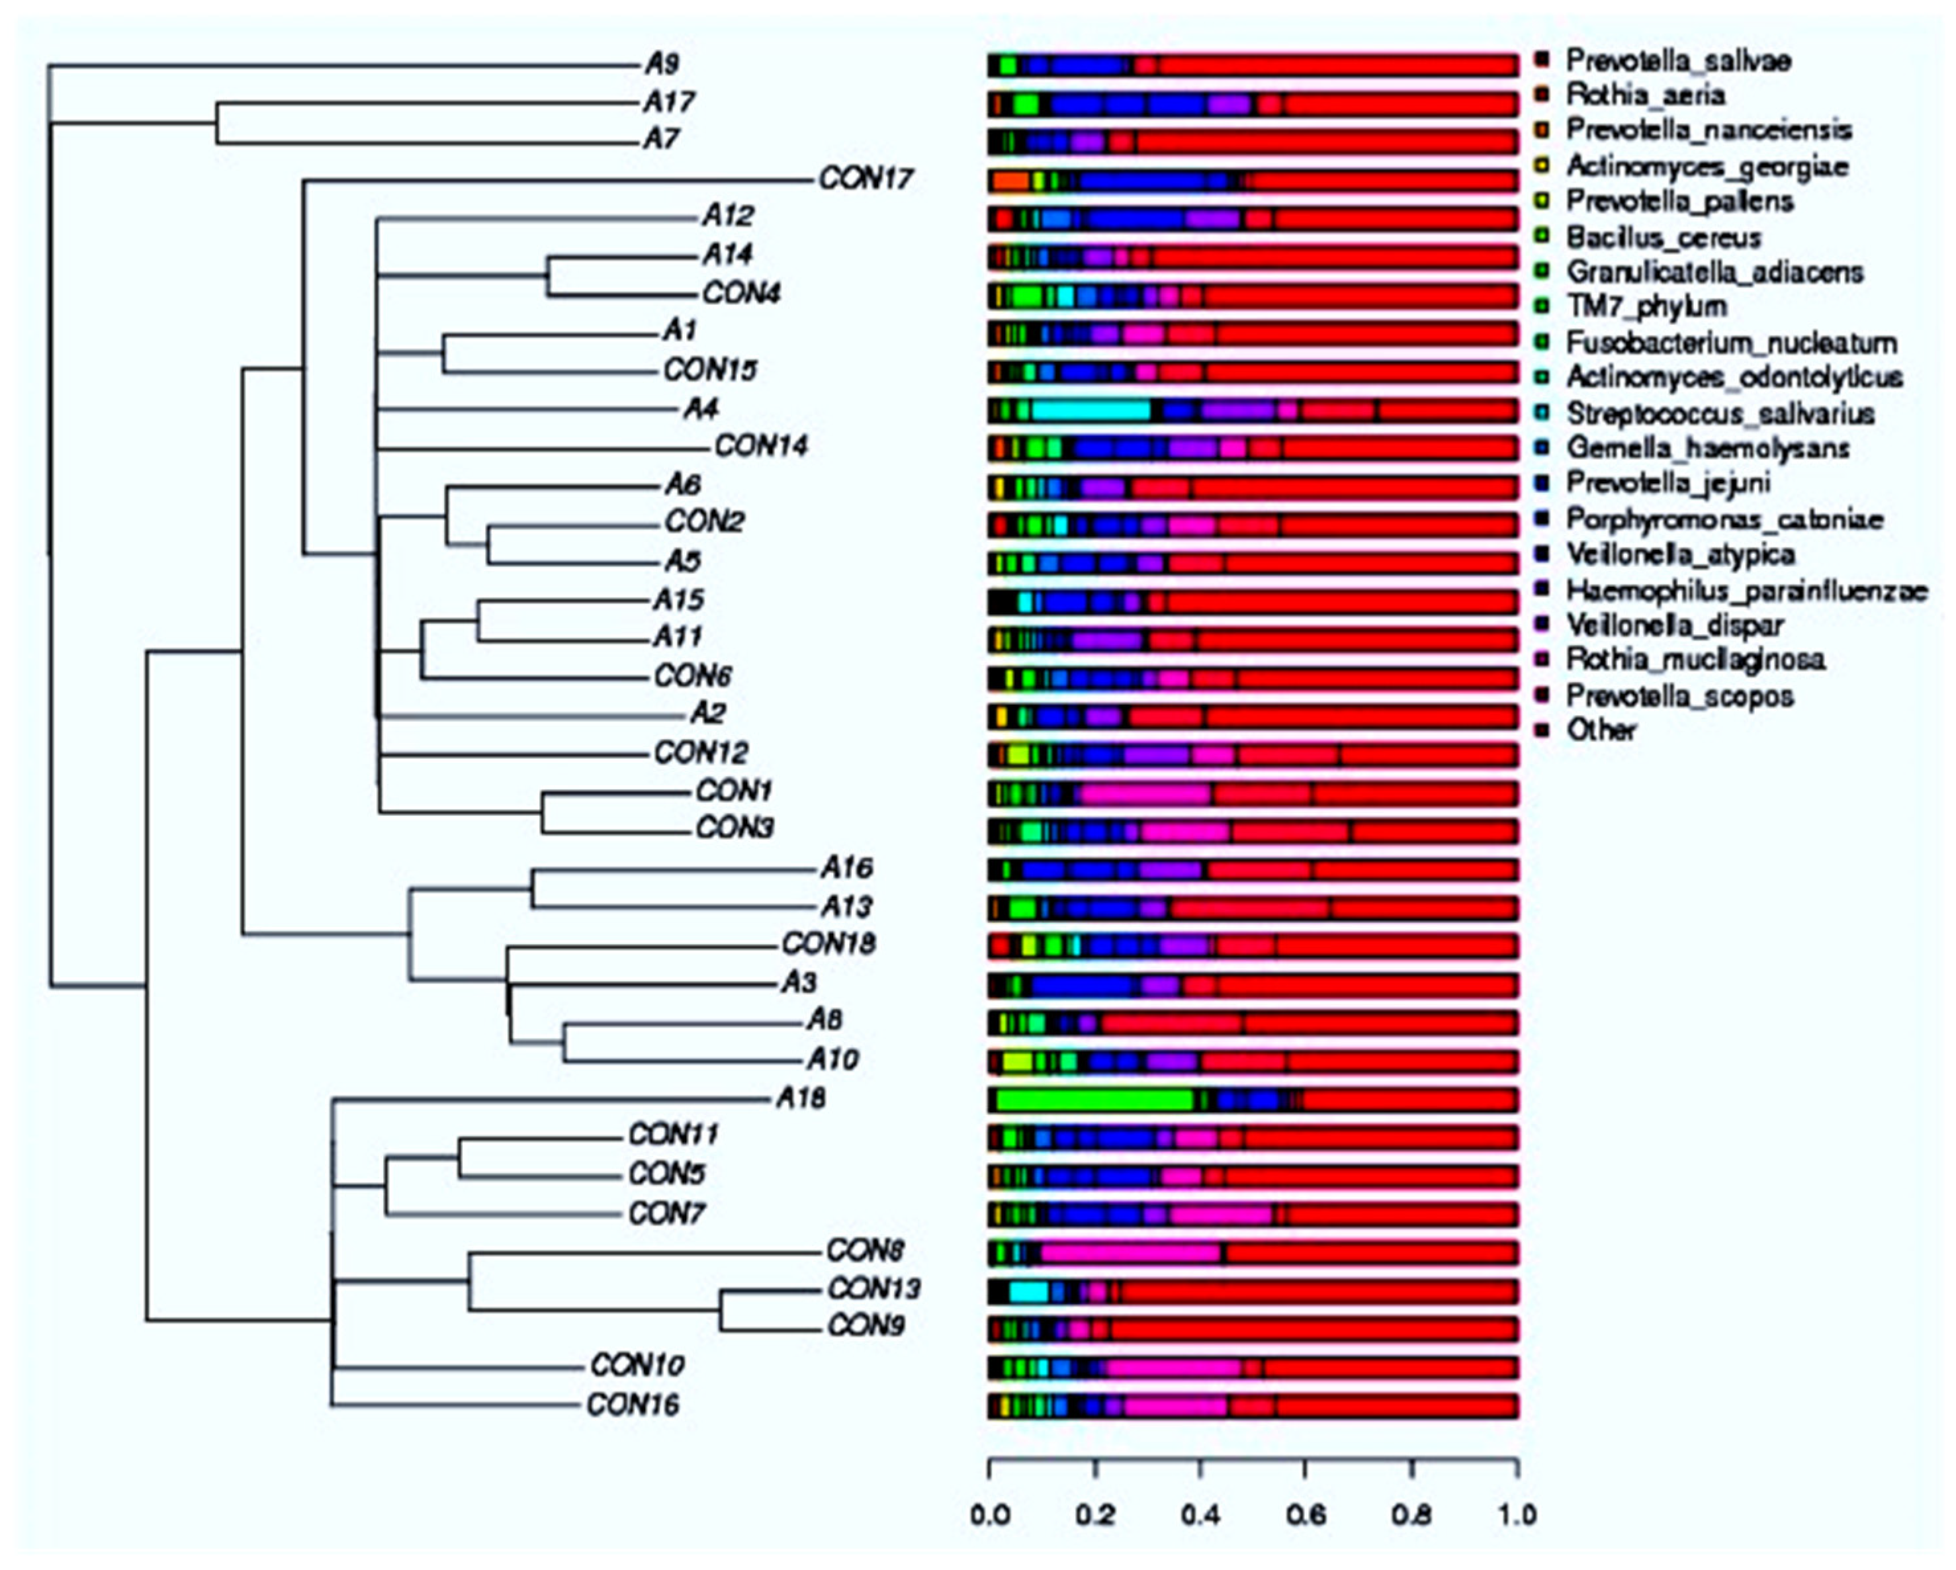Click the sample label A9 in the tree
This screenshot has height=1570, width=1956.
point(662,64)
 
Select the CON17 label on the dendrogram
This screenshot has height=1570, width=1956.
point(866,179)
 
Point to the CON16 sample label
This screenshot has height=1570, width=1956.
point(633,1405)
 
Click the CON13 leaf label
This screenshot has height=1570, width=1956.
point(873,1289)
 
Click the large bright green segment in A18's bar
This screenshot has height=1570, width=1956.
point(1094,1100)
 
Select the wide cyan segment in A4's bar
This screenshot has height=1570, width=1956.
point(1091,411)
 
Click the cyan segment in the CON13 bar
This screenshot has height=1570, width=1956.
point(1029,1291)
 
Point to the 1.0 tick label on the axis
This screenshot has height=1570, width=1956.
point(1517,1516)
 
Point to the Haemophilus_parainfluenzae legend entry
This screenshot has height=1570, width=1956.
point(1746,591)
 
